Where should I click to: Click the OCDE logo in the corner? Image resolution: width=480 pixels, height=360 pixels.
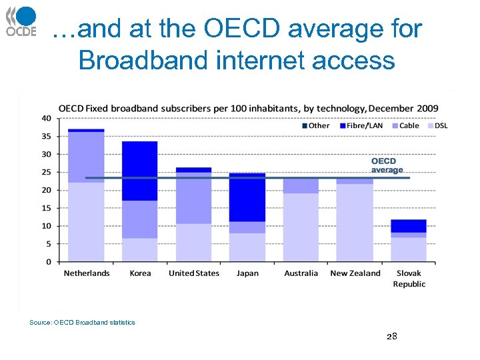tap(21, 22)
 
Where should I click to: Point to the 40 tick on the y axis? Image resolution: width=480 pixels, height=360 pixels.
tap(46, 118)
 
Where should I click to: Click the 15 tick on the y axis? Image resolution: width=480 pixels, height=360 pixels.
tap(46, 208)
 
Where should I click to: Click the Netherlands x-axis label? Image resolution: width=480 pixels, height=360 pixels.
tap(87, 273)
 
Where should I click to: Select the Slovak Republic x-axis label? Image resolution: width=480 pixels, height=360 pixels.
tap(409, 279)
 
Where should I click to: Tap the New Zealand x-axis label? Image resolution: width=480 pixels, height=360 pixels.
tap(355, 273)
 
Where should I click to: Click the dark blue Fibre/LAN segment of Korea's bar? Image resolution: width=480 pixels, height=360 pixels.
tap(140, 171)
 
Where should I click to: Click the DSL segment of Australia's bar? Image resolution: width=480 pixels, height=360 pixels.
tap(301, 227)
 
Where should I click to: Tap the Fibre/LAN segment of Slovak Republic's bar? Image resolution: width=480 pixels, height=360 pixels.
tap(409, 226)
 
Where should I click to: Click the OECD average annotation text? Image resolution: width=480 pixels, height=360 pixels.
tap(387, 165)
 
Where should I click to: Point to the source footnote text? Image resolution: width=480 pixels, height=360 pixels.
tap(82, 323)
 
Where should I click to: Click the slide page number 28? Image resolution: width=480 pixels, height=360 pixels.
tap(391, 337)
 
